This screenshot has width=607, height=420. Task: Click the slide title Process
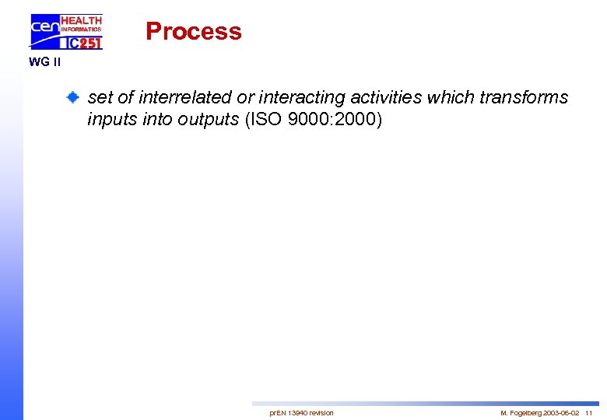[194, 31]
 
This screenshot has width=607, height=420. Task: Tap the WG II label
[44, 62]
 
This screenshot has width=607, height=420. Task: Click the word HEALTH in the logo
[81, 20]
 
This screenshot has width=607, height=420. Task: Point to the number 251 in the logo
[89, 44]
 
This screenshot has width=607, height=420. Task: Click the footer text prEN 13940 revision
[301, 412]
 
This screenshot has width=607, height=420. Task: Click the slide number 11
[589, 412]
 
